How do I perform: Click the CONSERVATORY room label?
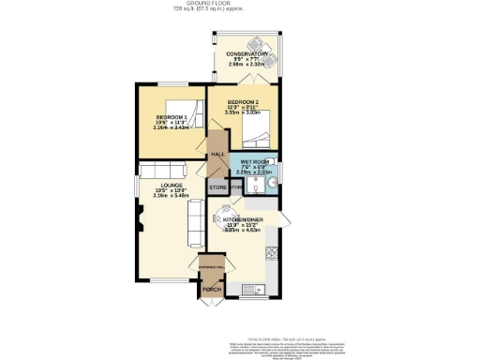point(249,54)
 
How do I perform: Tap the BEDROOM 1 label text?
point(172,117)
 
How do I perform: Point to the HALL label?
point(218,154)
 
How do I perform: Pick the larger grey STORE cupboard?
point(217,187)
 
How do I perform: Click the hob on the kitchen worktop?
point(272,252)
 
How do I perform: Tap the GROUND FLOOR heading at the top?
point(239,4)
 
